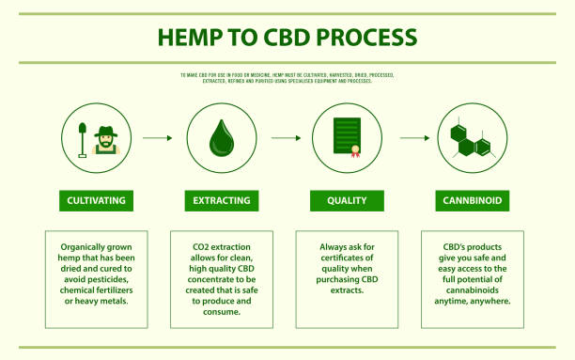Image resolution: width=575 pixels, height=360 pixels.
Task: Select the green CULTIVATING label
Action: click(x=96, y=200)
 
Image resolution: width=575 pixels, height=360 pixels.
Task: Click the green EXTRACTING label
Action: click(x=222, y=200)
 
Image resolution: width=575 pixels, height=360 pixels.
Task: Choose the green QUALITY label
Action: click(x=347, y=200)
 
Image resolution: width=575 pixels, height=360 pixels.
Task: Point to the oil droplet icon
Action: click(x=222, y=137)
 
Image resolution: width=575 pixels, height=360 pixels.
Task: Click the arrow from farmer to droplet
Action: click(x=158, y=138)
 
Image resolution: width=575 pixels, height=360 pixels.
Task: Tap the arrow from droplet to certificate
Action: click(x=284, y=138)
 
